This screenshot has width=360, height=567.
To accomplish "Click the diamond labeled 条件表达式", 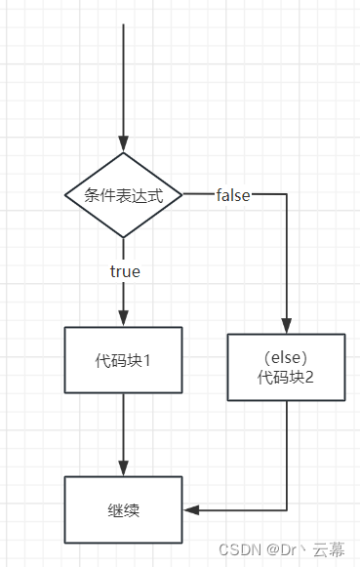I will point(123,195).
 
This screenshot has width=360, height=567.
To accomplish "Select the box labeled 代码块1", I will point(123,359).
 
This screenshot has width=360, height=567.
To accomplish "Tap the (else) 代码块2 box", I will point(287,367).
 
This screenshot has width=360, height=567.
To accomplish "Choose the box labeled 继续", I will point(123,509).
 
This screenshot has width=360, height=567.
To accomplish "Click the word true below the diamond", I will point(125,271).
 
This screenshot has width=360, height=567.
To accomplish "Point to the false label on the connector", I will point(233,195).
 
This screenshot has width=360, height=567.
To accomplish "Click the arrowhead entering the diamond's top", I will point(123,144).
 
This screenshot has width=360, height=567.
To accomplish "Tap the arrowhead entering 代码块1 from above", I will point(123,318).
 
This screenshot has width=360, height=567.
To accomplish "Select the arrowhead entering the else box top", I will point(287,326).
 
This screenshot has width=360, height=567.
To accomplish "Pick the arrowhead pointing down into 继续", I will point(123,468).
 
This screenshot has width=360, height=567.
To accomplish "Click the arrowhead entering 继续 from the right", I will point(190,509).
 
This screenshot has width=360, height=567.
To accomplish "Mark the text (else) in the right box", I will point(287,357).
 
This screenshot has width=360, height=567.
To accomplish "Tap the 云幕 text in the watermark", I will point(329,550).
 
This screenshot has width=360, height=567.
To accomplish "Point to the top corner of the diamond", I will point(123,153).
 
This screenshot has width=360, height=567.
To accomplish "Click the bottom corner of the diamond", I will point(123,237).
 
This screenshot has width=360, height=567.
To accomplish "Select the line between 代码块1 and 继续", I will point(123,429).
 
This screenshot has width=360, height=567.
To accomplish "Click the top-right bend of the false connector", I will point(287,195).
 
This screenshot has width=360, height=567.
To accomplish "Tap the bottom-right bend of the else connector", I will point(287,509).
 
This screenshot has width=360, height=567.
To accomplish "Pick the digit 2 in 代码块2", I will point(311,377).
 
